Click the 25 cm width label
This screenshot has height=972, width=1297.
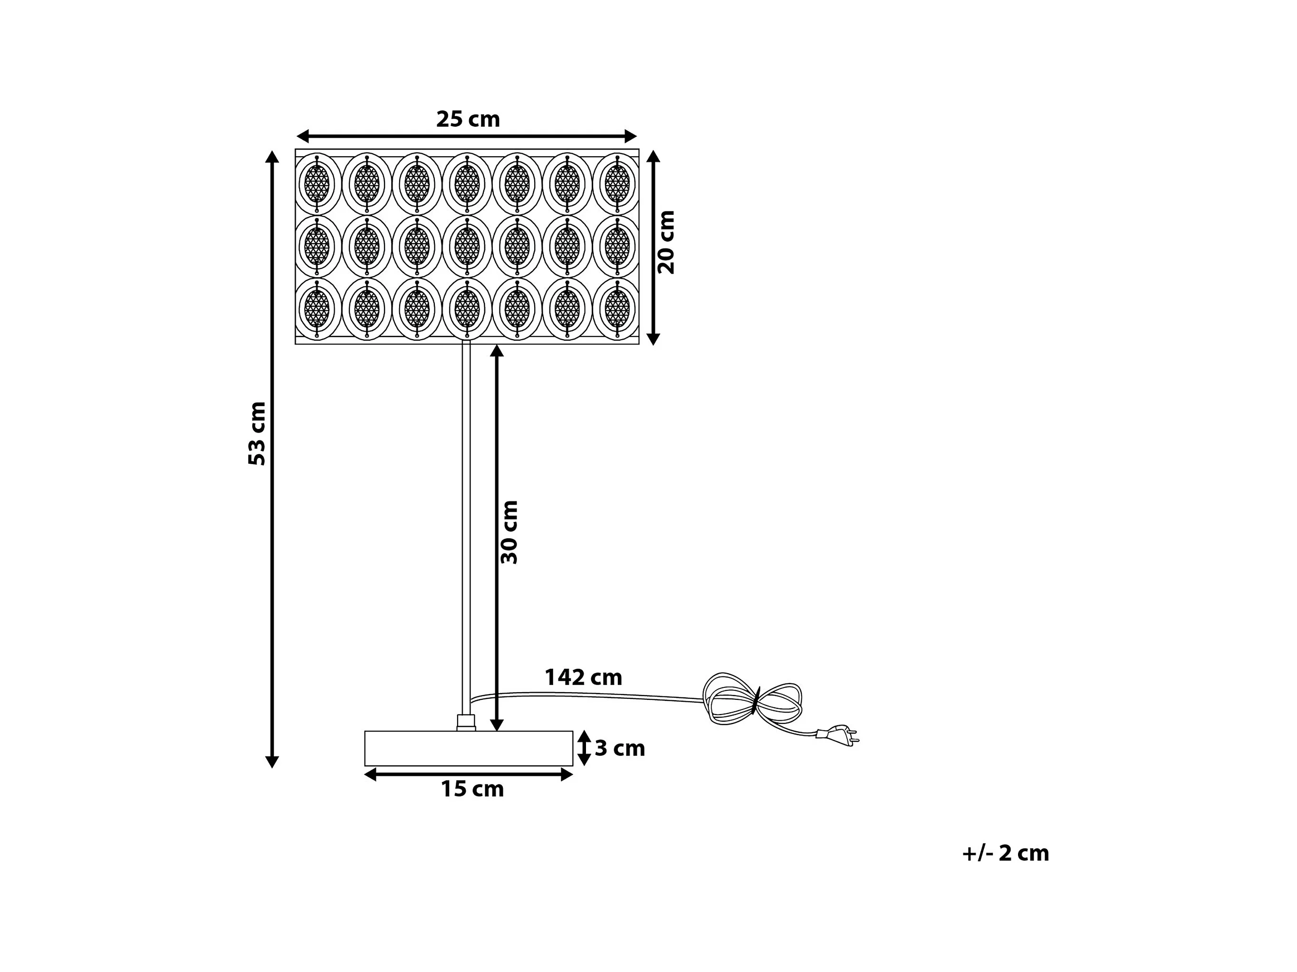(x=468, y=120)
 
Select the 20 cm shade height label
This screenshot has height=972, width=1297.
(x=667, y=242)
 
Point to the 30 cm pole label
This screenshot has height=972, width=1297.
(x=509, y=532)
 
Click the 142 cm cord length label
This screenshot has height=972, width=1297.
(x=584, y=678)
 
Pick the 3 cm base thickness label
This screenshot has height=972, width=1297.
(x=620, y=749)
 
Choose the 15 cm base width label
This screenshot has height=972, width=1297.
(x=472, y=790)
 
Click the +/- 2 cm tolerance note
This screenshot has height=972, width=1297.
(x=1006, y=853)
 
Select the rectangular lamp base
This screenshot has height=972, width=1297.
(x=469, y=748)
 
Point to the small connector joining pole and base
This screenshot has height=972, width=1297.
(x=466, y=722)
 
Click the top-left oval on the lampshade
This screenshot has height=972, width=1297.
(x=317, y=183)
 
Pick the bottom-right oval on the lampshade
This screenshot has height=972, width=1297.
(x=617, y=308)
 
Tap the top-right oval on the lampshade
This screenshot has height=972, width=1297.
(x=617, y=183)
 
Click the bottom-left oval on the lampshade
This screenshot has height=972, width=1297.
(x=317, y=308)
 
